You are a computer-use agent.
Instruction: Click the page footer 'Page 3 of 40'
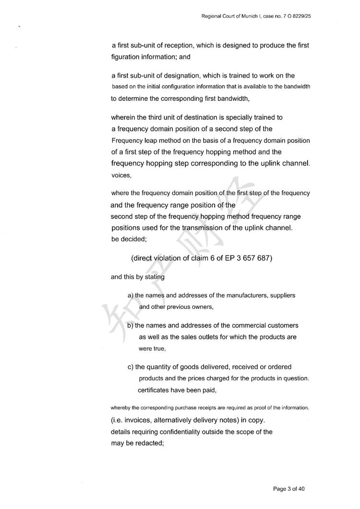[x=289, y=489]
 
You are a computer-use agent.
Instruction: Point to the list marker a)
[x=130, y=295]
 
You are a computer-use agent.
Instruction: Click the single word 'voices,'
[x=121, y=176]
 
